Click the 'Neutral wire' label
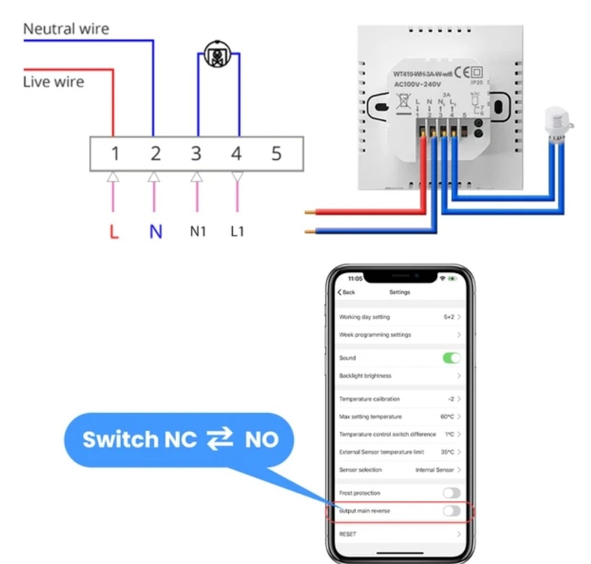tap(66, 29)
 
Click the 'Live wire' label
tap(54, 82)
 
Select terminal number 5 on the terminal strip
tap(276, 153)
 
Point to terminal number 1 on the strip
tap(115, 153)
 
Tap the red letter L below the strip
tap(114, 232)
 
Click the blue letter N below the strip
tap(155, 232)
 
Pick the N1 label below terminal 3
tap(197, 231)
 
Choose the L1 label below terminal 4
tap(237, 231)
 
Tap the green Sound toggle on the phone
tap(451, 358)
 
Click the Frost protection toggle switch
tap(451, 493)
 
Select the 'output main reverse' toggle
tap(451, 511)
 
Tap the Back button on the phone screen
tap(346, 292)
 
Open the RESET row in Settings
tap(400, 534)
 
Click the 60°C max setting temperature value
tap(448, 417)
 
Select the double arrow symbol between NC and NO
tap(219, 440)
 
